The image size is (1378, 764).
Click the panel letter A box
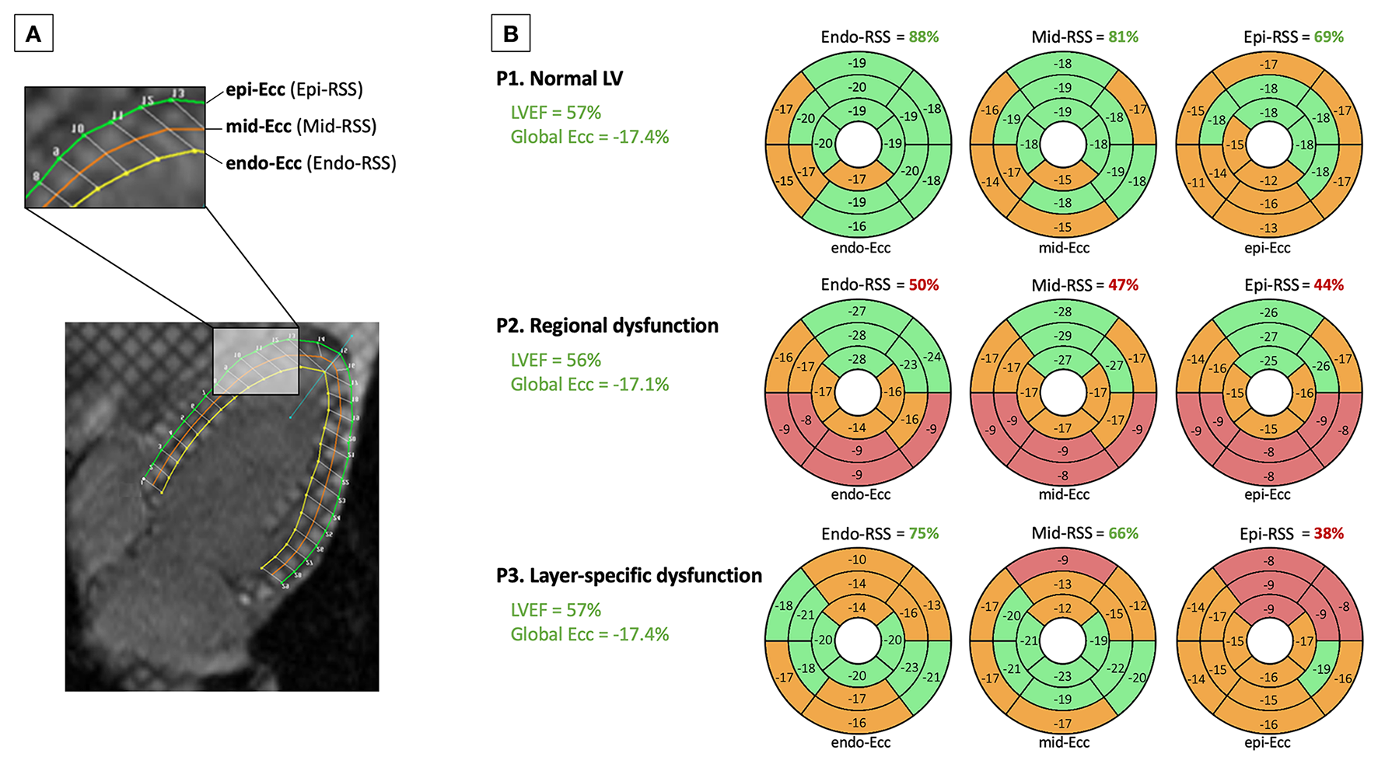pyautogui.click(x=33, y=34)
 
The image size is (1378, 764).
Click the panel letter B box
pyautogui.click(x=510, y=34)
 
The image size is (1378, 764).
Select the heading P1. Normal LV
pyautogui.click(x=559, y=78)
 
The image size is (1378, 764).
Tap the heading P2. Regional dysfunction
pyautogui.click(x=607, y=326)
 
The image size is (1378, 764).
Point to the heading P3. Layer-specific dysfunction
pyautogui.click(x=628, y=575)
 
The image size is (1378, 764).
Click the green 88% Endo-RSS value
pyautogui.click(x=923, y=37)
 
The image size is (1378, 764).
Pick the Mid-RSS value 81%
pyautogui.click(x=1123, y=37)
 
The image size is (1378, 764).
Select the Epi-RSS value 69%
pyautogui.click(x=1328, y=37)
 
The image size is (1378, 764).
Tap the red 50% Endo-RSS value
pyautogui.click(x=923, y=285)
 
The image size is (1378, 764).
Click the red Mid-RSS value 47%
pyautogui.click(x=1123, y=285)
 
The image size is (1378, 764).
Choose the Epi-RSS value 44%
pyautogui.click(x=1328, y=285)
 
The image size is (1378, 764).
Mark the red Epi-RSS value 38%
pyautogui.click(x=1328, y=534)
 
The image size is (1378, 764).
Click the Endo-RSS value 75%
pyautogui.click(x=923, y=534)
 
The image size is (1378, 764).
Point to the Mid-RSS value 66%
pyautogui.click(x=1123, y=534)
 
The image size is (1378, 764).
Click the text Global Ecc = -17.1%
pyautogui.click(x=589, y=385)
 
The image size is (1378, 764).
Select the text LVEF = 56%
pyautogui.click(x=555, y=361)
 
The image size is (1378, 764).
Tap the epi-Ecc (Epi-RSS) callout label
pyautogui.click(x=294, y=89)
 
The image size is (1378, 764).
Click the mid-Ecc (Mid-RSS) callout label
pyautogui.click(x=301, y=126)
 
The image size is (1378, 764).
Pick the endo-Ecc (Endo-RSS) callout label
pyautogui.click(x=310, y=163)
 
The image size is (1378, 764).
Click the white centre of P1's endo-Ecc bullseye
pyautogui.click(x=858, y=145)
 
